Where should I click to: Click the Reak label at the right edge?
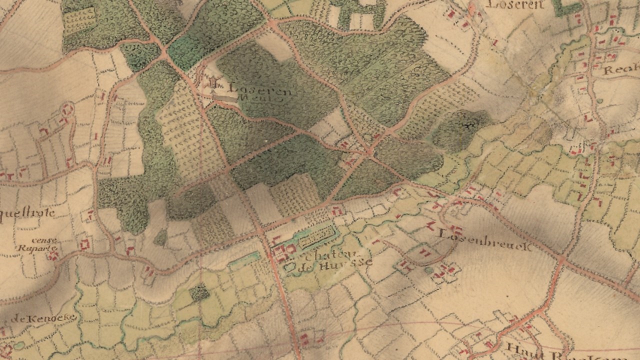tap(620, 69)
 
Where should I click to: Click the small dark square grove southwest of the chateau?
tap(200, 292)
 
